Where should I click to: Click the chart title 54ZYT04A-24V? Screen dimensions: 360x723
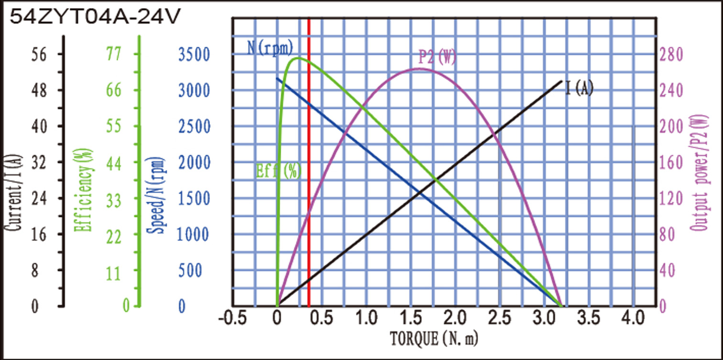(x=96, y=18)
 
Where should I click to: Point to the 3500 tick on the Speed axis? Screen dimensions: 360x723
(x=194, y=55)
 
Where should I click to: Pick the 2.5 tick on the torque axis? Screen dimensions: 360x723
(x=499, y=318)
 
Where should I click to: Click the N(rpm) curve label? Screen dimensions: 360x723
(x=270, y=47)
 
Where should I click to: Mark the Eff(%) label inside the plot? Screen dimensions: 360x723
(x=279, y=171)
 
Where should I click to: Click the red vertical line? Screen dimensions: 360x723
(x=309, y=191)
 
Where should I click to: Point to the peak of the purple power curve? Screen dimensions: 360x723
(x=419, y=68)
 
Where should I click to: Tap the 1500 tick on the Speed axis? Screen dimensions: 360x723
(x=194, y=198)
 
